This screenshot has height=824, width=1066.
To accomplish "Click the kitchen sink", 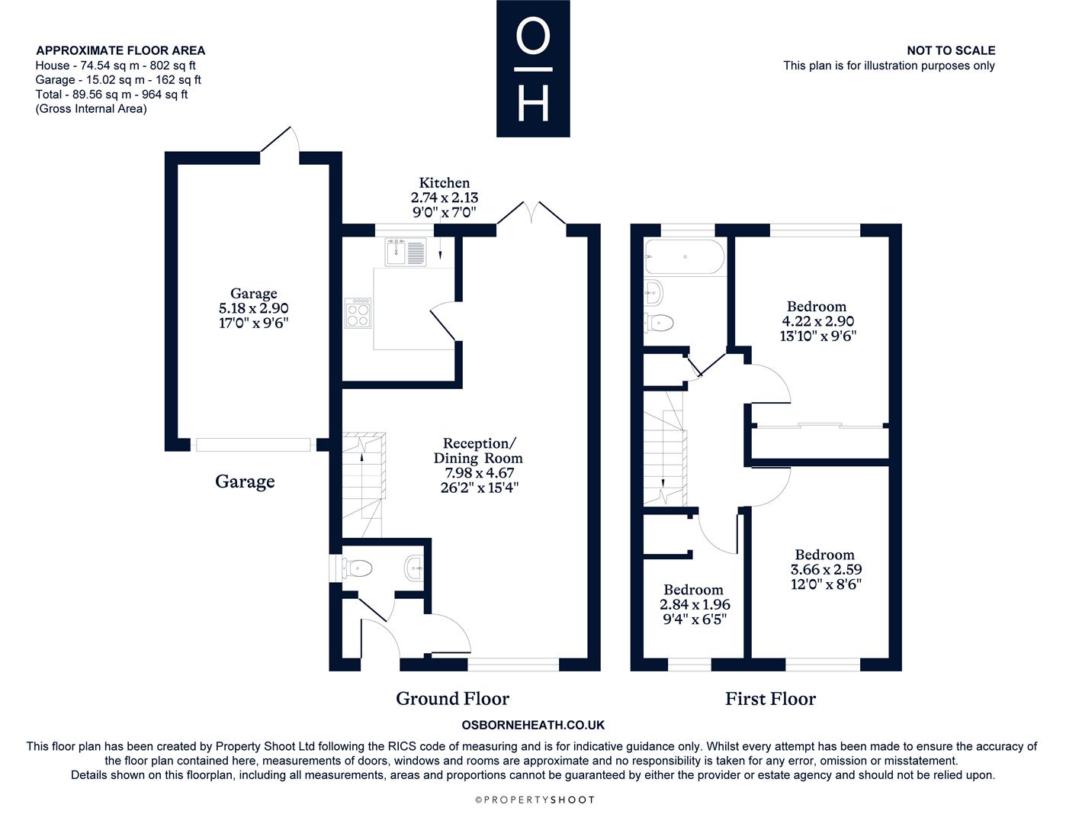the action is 405,253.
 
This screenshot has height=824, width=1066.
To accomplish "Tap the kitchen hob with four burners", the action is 358,313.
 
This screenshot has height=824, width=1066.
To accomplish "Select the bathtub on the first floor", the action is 684,256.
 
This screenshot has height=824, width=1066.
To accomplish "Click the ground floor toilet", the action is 357,569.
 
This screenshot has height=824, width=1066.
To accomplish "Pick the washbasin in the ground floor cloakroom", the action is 414,569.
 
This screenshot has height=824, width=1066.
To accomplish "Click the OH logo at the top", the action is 533,68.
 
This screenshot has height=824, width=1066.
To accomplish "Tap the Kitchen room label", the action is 445,183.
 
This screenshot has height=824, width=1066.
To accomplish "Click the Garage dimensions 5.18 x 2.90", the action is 254,308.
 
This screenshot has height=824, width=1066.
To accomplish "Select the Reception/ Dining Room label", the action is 478,450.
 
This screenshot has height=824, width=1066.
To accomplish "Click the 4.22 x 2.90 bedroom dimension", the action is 817,321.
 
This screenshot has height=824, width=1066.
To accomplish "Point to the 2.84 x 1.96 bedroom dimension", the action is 695,604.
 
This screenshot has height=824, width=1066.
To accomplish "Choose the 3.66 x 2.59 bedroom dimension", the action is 826,569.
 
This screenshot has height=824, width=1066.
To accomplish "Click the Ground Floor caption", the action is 452,698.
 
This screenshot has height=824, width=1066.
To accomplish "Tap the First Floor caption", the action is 770,698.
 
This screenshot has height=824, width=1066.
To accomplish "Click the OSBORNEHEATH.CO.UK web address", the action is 533,725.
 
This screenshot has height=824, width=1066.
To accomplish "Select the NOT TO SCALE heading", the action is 951,50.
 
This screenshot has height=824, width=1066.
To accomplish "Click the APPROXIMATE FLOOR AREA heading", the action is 120,50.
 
